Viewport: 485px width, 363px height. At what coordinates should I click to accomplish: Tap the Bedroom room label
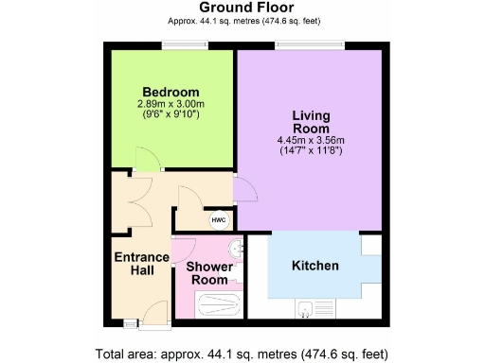click(171, 91)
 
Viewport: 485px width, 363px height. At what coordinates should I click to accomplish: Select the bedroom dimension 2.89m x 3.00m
click(171, 103)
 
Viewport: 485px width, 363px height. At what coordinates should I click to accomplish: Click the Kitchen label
click(314, 266)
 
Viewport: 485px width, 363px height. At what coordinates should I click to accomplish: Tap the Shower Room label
click(208, 273)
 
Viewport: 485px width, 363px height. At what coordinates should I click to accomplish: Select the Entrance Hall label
click(141, 265)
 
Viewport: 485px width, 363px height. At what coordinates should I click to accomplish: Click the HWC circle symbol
click(219, 218)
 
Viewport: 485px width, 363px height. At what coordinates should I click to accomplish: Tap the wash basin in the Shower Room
click(237, 249)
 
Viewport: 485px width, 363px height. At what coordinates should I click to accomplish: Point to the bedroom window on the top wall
click(173, 45)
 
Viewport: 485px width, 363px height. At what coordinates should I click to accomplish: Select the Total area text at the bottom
click(242, 354)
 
